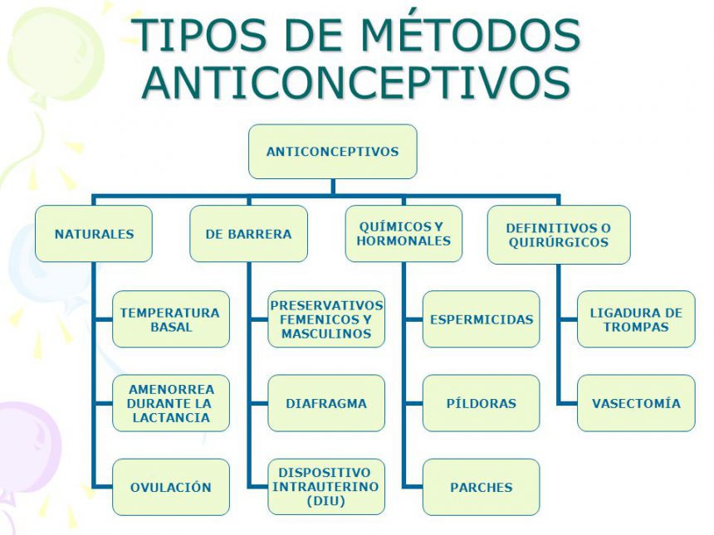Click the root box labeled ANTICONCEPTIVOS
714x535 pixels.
(332, 152)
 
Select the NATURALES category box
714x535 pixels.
(94, 234)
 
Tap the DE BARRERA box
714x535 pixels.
(248, 234)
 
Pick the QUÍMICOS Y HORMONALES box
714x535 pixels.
(403, 234)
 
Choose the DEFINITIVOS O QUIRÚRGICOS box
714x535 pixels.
(559, 235)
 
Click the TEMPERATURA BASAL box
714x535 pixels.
(171, 319)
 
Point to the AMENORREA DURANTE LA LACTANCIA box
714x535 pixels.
(171, 403)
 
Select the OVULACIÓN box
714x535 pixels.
(171, 487)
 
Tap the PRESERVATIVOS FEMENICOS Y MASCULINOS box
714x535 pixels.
(326, 319)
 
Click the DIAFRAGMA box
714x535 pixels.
(326, 403)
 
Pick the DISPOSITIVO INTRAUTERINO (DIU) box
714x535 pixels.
(326, 487)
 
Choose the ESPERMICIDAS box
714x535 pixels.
(482, 319)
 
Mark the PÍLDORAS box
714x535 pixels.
(482, 403)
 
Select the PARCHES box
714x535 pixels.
(482, 487)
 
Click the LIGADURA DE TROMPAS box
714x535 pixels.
(636, 319)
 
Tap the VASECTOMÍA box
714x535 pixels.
(636, 403)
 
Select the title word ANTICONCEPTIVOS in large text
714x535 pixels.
(356, 83)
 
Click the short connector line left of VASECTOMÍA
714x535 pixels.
(567, 403)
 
